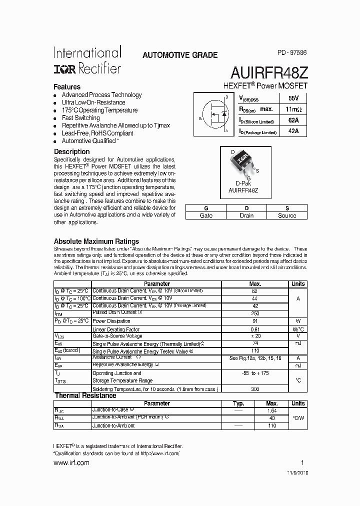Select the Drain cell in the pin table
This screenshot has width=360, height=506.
pos(246,215)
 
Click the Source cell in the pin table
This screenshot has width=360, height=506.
pos(287,215)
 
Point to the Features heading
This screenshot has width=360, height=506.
pos(67,86)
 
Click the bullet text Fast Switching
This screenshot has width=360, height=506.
pos(80,118)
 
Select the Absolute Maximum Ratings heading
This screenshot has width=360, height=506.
pos(96,241)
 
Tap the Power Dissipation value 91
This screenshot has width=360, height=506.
pos(255,321)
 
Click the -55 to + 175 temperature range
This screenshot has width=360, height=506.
pos(255,373)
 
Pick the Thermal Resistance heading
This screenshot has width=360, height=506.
pos(85,395)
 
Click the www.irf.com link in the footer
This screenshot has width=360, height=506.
pos(71,463)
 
